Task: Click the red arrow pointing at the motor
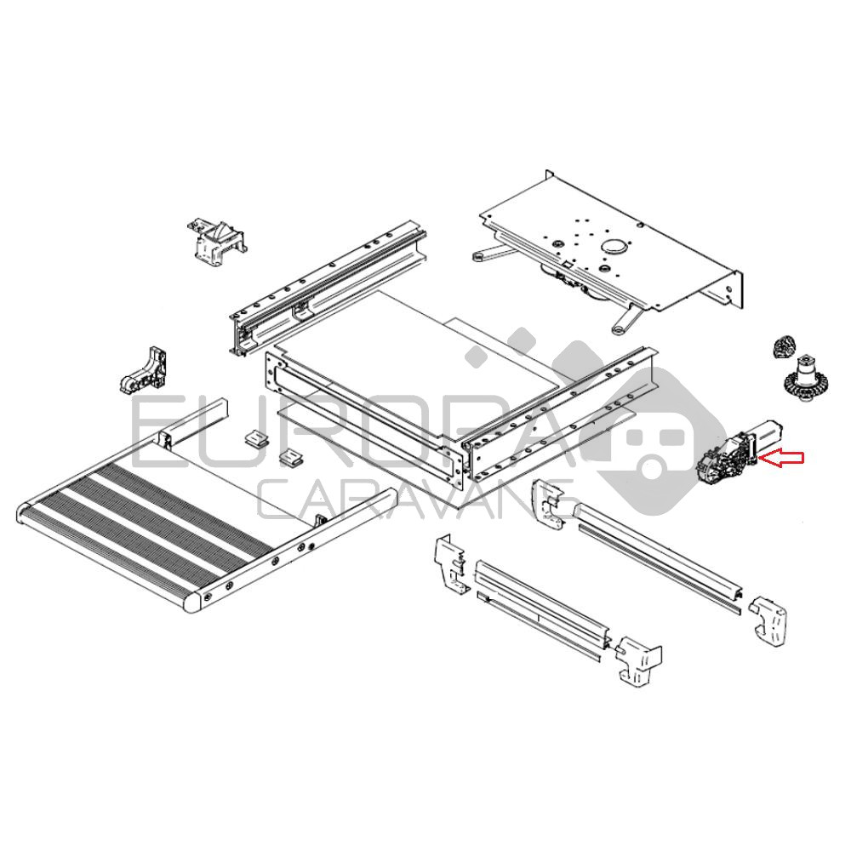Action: pyautogui.click(x=780, y=458)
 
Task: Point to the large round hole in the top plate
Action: pyautogui.click(x=614, y=246)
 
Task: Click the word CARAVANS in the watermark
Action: pyautogui.click(x=415, y=500)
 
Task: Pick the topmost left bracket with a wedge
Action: pyautogui.click(x=216, y=242)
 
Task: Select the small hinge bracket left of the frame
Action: pyautogui.click(x=143, y=370)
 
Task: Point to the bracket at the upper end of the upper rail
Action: pyautogui.click(x=549, y=504)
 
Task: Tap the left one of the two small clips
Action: pyautogui.click(x=256, y=437)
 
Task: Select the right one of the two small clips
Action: pyautogui.click(x=291, y=458)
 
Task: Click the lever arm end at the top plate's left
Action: pyautogui.click(x=480, y=255)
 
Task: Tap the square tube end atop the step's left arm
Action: pyautogui.click(x=166, y=438)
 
